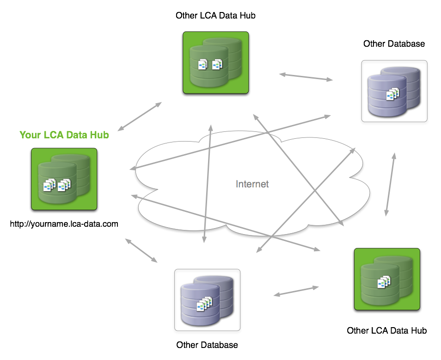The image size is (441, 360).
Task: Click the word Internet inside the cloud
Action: [252, 184]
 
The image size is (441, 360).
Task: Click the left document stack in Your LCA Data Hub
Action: [49, 185]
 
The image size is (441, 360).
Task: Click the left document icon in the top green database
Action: [203, 64]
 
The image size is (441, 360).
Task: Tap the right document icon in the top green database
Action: [217, 64]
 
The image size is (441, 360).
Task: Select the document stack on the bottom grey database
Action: [204, 304]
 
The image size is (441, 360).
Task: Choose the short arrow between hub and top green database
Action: [140, 116]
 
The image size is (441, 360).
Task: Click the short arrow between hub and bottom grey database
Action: [141, 250]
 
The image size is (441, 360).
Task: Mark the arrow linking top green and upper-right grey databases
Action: [306, 77]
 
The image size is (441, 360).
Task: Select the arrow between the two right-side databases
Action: [390, 184]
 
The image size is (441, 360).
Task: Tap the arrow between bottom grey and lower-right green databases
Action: [296, 291]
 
